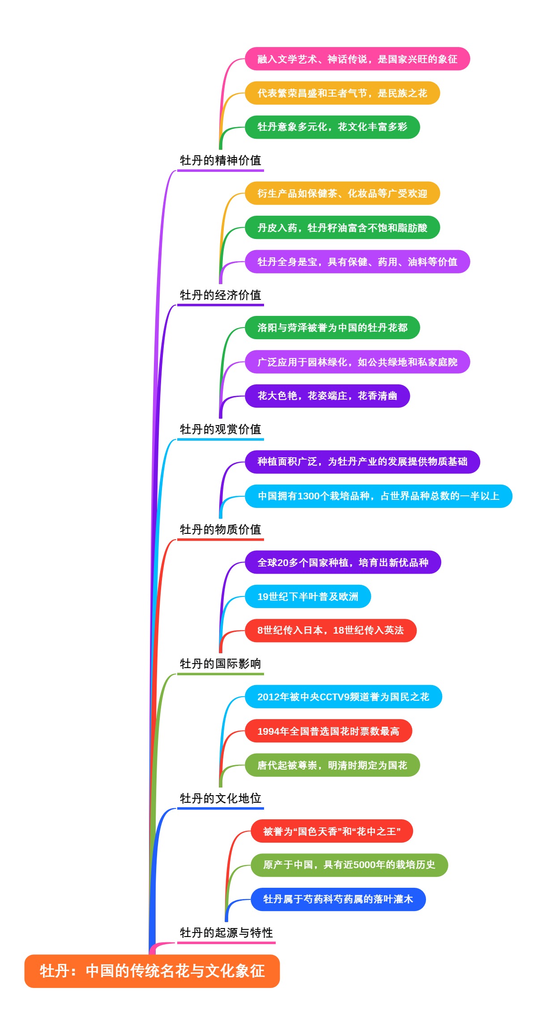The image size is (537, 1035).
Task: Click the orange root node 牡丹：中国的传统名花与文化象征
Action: (x=152, y=971)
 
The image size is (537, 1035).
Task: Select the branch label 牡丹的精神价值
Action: (x=220, y=160)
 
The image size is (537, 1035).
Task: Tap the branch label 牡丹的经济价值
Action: (x=220, y=295)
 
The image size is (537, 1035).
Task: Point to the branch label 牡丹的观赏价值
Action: (x=220, y=429)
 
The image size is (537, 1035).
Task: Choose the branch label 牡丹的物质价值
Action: (x=220, y=529)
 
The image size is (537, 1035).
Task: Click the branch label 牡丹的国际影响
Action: (x=220, y=664)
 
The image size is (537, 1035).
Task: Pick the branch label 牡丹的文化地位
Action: (x=220, y=798)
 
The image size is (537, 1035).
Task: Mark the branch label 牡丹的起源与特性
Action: (x=226, y=933)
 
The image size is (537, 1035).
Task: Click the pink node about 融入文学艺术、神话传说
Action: (x=357, y=59)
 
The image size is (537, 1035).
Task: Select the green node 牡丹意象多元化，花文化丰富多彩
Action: (x=332, y=127)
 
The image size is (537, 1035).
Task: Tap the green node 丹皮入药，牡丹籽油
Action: (x=342, y=228)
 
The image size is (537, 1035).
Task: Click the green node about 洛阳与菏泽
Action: (x=332, y=328)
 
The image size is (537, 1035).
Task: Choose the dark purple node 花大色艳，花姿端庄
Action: (x=327, y=396)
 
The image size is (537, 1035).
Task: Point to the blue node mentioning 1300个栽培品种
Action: (x=378, y=496)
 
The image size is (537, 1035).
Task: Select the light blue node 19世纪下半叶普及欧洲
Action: (x=308, y=596)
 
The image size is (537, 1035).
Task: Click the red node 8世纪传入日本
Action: (x=330, y=630)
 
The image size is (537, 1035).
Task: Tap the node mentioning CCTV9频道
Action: (x=343, y=697)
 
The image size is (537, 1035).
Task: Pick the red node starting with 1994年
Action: (x=328, y=731)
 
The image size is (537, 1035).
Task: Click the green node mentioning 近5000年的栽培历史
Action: (x=349, y=865)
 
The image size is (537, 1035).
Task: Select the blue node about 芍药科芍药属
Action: (x=338, y=899)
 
